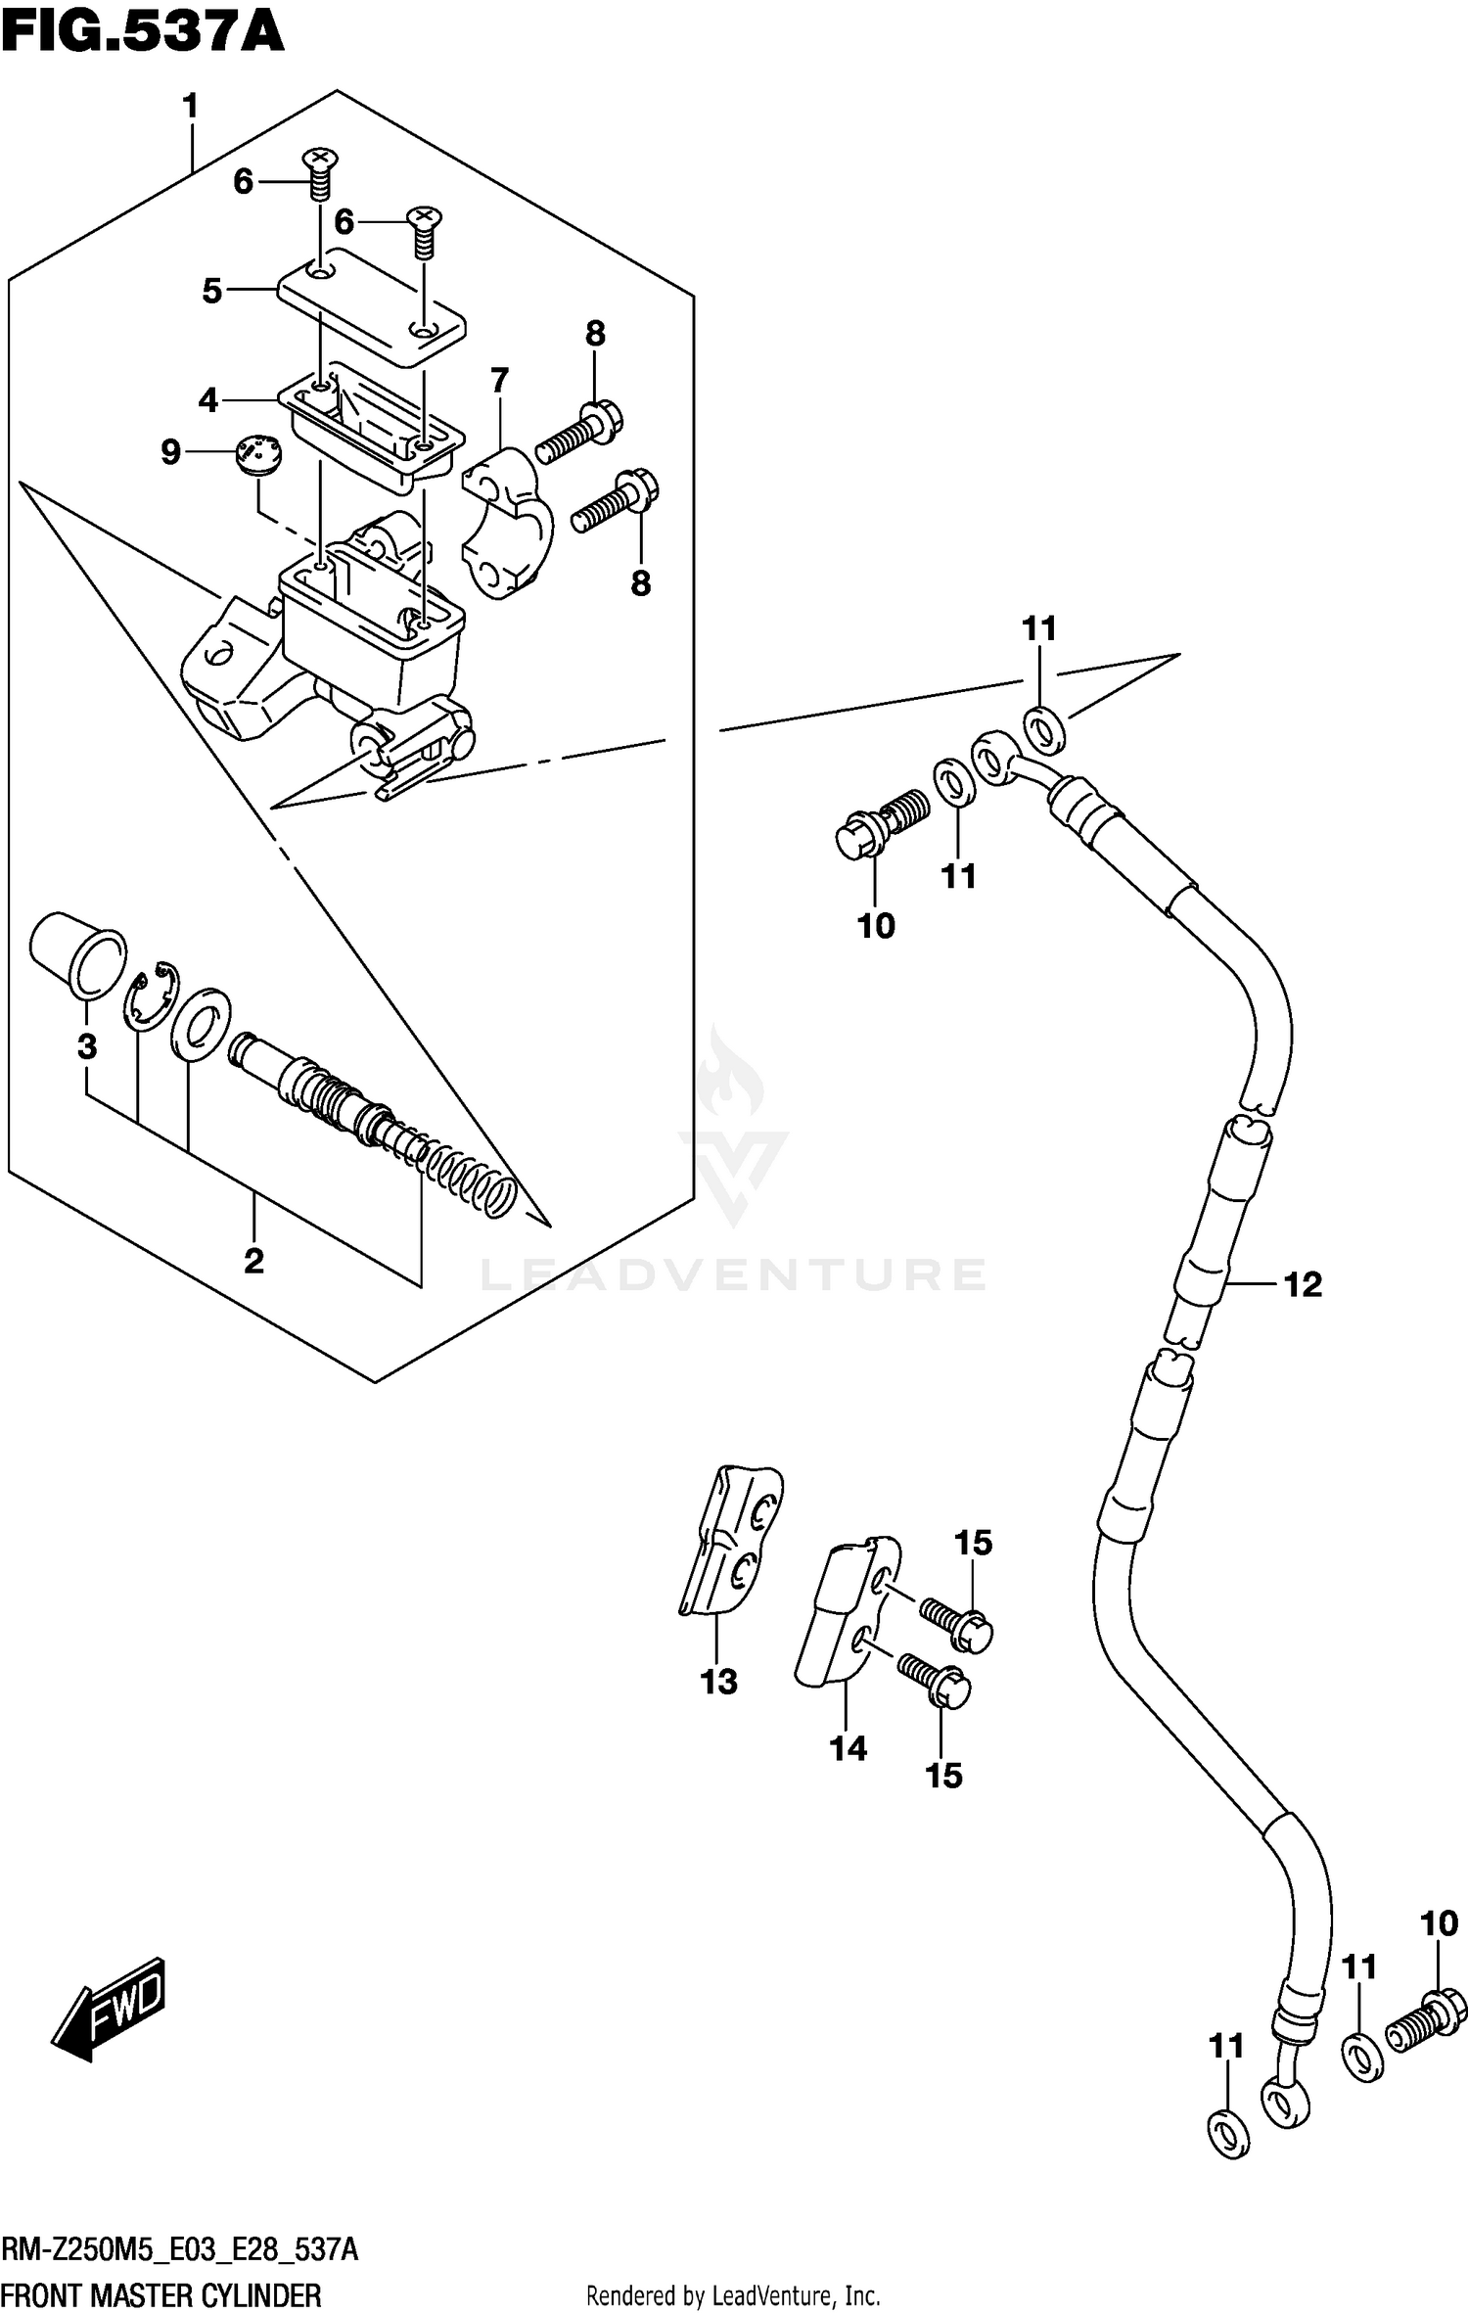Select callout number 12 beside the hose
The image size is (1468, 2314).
[x=1303, y=1284]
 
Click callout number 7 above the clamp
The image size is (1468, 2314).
[x=499, y=380]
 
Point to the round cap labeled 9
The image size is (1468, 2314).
[x=257, y=456]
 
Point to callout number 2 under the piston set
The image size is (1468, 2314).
[x=253, y=1261]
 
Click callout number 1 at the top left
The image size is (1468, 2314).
[x=190, y=106]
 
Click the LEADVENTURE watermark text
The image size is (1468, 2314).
[x=733, y=1274]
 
